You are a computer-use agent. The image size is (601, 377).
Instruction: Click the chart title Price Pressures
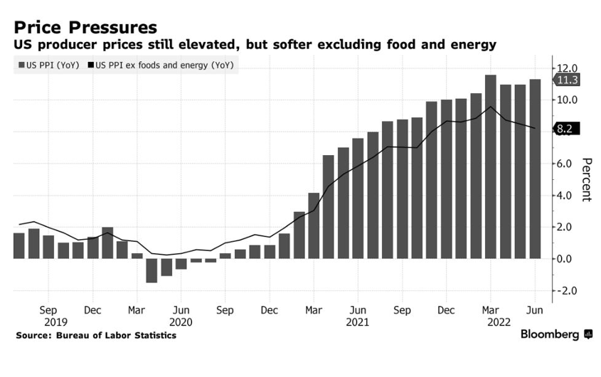85,27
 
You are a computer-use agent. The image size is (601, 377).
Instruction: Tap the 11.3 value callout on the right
567,80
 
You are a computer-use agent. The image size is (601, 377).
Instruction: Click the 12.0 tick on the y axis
567,68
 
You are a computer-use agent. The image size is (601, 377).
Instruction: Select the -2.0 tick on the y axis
567,291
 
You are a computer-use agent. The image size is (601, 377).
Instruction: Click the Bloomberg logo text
550,334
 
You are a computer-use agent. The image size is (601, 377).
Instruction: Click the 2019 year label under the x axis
48,322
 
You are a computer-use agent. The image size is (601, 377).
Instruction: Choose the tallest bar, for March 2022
491,166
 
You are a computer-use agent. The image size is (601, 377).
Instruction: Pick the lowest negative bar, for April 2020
151,270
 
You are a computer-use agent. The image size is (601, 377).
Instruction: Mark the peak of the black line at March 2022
490,107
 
